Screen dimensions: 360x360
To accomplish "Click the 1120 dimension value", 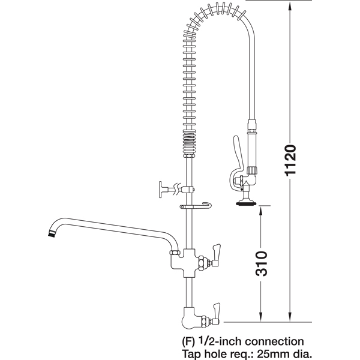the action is (x=290, y=160).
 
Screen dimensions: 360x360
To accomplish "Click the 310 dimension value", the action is (x=261, y=263).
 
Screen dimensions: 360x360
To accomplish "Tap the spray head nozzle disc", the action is (x=246, y=203).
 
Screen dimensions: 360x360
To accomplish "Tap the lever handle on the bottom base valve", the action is (x=216, y=311).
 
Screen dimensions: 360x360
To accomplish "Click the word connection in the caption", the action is (x=274, y=341).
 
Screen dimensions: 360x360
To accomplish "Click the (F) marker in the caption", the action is (x=188, y=342).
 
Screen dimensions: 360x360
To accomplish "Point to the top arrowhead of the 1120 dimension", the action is (x=290, y=8).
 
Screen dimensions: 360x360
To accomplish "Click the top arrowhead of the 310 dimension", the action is (x=261, y=211).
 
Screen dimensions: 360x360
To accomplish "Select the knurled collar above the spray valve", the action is (x=252, y=170).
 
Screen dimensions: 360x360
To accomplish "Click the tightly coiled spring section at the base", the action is (x=190, y=143).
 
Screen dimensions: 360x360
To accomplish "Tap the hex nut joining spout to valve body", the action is (x=175, y=253).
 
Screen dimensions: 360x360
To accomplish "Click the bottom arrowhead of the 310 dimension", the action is (x=261, y=317).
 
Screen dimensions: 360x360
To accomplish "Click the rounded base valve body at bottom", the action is (x=191, y=318).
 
